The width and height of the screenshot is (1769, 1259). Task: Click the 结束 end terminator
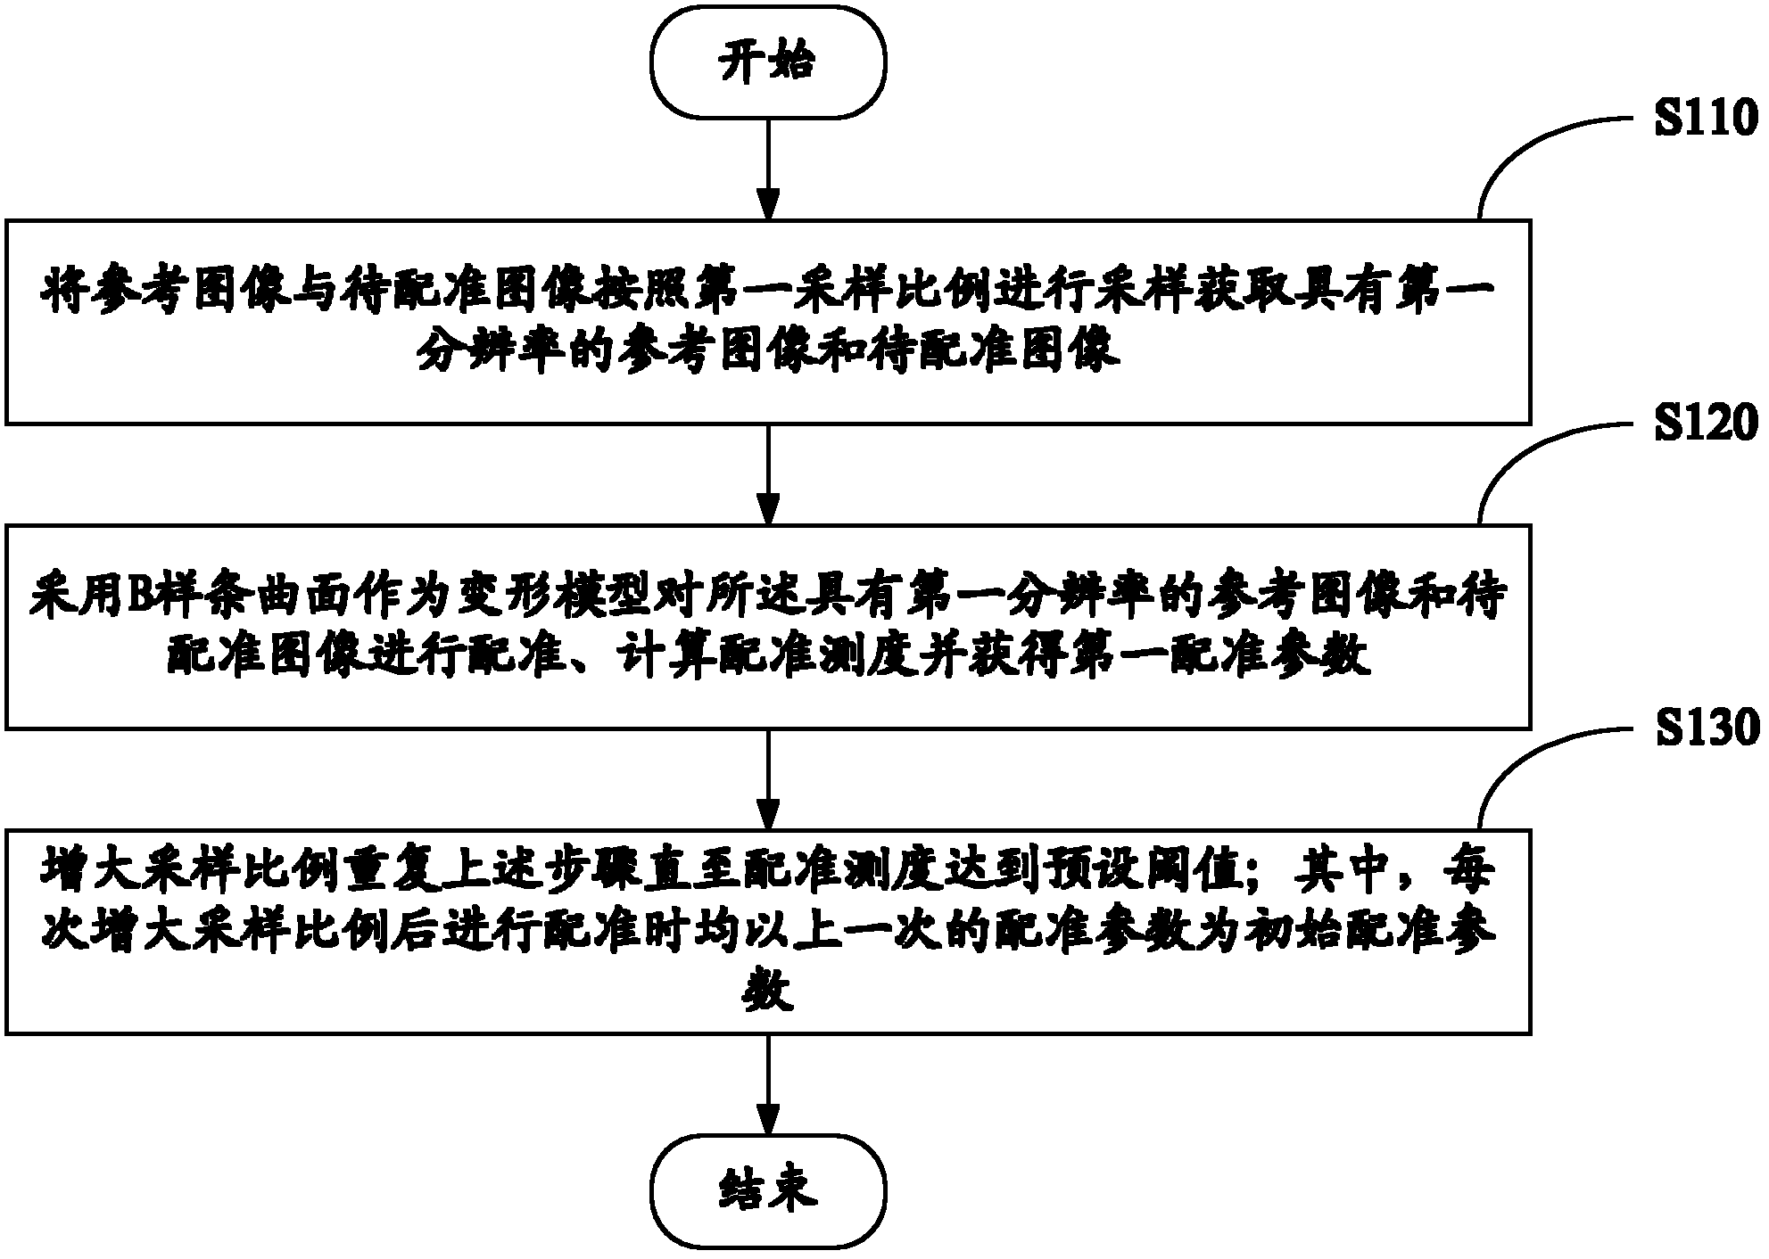coord(768,1191)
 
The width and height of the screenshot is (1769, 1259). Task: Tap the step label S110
coord(1707,119)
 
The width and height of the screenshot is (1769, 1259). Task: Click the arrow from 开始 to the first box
coord(768,169)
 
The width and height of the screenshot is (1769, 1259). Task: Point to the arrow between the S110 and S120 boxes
coord(768,474)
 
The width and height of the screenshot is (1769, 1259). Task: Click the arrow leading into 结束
coord(768,1084)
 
